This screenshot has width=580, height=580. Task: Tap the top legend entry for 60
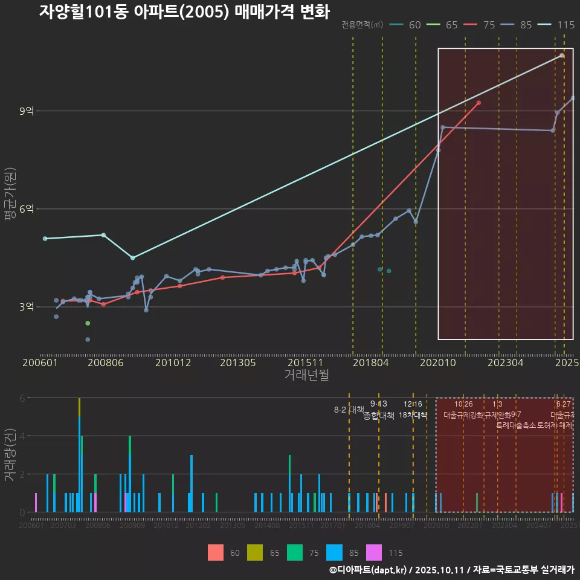click(x=407, y=25)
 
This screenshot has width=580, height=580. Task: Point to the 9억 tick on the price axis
click(x=27, y=111)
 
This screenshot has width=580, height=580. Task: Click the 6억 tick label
click(x=27, y=208)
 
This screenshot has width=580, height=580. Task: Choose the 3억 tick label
click(x=27, y=307)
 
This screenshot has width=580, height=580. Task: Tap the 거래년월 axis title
click(x=306, y=375)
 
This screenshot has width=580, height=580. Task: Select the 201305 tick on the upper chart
click(x=237, y=362)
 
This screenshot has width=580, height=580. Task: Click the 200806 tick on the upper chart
click(x=106, y=362)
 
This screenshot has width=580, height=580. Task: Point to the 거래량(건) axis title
click(x=10, y=455)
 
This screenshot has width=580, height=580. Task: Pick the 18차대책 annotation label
click(x=413, y=415)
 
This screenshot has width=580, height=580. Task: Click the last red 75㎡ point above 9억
click(x=478, y=103)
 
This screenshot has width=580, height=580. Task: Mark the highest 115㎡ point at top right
click(x=562, y=56)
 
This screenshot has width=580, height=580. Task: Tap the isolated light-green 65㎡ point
click(x=88, y=323)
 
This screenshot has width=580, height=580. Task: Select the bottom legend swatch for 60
click(x=215, y=552)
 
